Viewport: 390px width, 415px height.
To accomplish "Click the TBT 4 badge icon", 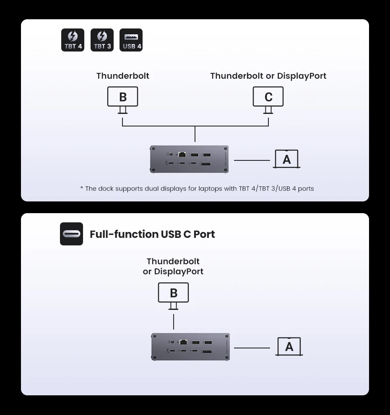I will pos(73,40).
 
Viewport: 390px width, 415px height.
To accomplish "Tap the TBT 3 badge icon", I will pos(102,40).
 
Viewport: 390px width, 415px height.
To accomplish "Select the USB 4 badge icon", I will pos(131,40).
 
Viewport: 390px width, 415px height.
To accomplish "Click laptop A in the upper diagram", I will pos(287,159).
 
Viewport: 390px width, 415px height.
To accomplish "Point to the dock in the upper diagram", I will pos(190,159).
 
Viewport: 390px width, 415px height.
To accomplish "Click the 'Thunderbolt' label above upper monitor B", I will pos(122,76).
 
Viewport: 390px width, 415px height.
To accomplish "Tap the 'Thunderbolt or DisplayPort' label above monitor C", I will pos(268,76).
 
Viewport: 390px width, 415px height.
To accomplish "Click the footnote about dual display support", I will pos(197,188).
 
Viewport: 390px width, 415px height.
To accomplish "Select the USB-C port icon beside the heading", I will pos(71,234).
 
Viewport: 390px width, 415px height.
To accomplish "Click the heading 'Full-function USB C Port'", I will pos(152,234).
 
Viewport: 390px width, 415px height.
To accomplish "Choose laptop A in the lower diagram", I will pos(289,347).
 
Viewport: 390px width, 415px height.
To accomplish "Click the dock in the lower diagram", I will pos(190,347).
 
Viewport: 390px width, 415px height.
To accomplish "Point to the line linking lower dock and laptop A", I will pos(252,348).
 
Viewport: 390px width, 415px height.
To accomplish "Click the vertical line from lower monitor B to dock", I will pos(173,321).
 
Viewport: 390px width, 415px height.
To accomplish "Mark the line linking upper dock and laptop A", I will pos(252,160).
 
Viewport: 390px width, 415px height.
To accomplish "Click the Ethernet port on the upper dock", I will pos(183,155).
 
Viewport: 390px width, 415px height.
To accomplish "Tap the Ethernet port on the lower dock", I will pos(183,342).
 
